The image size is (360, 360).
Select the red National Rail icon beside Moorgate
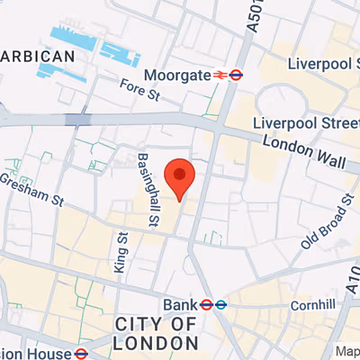[219, 76]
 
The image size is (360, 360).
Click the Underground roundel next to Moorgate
[236, 76]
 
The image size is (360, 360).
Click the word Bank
[179, 304]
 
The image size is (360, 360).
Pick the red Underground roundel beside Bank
[206, 304]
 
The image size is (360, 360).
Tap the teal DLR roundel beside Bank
[220, 304]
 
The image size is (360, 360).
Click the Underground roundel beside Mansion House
[80, 353]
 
